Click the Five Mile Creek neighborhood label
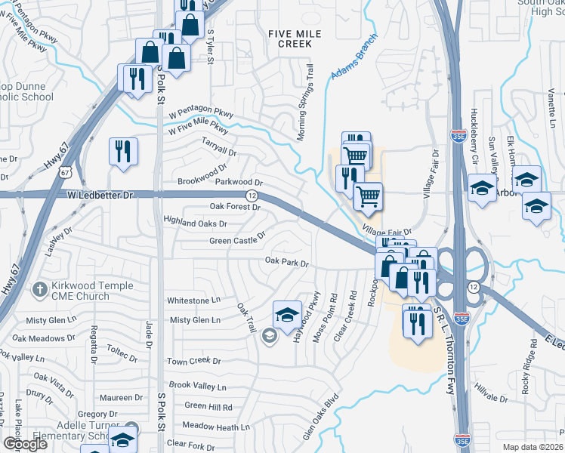coord(295,39)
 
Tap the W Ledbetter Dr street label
coord(100,195)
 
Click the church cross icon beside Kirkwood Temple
coord(39,288)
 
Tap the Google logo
coord(24,444)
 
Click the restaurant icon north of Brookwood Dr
coord(122,151)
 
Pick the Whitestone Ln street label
coord(193,300)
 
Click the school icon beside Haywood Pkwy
coord(286,316)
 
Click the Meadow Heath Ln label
coord(211,427)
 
